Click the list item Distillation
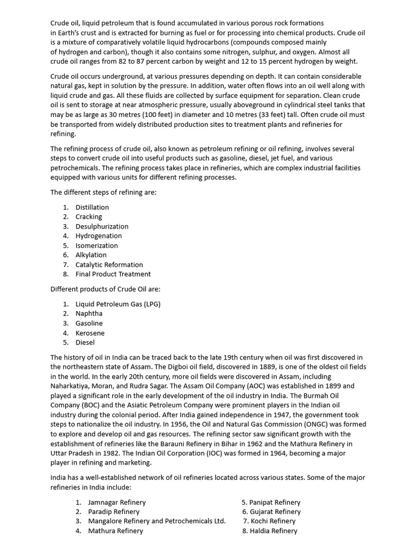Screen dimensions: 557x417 [92, 207]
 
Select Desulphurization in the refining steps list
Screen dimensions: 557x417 [102, 226]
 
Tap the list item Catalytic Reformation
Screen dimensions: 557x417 [109, 265]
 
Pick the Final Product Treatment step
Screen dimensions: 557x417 [113, 274]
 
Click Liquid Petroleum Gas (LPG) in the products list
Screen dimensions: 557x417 [118, 304]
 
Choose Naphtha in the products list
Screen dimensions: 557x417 [89, 314]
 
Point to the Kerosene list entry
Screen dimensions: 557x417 [90, 333]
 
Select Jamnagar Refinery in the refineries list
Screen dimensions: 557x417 [117, 503]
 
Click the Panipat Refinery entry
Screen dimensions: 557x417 [274, 503]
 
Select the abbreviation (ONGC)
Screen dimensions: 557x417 [306, 424]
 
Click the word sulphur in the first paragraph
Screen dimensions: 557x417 [241, 52]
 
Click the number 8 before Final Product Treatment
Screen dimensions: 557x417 [65, 274]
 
